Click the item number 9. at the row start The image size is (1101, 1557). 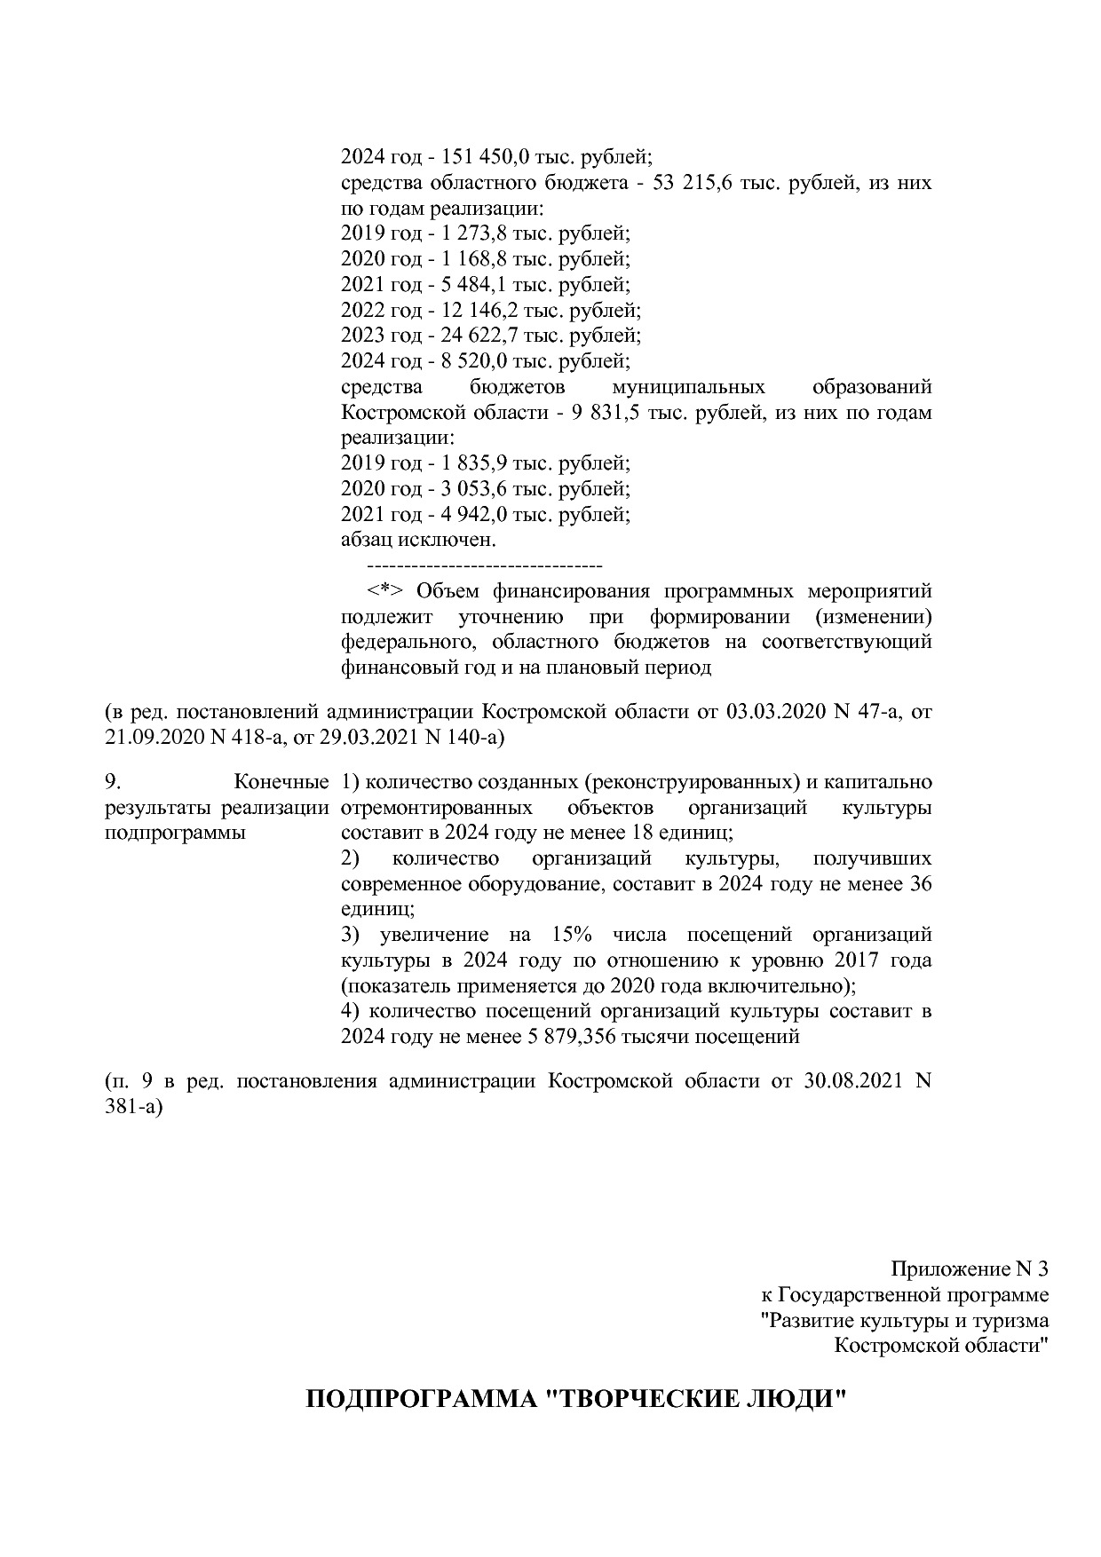pos(112,782)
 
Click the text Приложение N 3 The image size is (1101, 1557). pos(970,1269)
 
